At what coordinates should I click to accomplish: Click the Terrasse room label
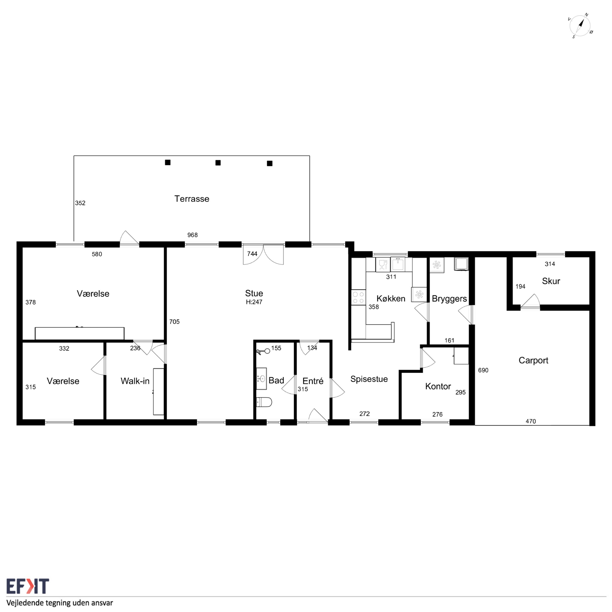192,199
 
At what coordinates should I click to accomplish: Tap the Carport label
533,360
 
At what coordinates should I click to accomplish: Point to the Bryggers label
449,299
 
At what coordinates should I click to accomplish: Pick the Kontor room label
438,386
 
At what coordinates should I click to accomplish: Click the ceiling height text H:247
254,302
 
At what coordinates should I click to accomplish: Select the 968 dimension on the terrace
192,235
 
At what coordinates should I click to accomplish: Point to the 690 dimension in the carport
483,370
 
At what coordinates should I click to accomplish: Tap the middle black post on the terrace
218,163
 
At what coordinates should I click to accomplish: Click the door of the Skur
530,302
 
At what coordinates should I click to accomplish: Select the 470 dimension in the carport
531,421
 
